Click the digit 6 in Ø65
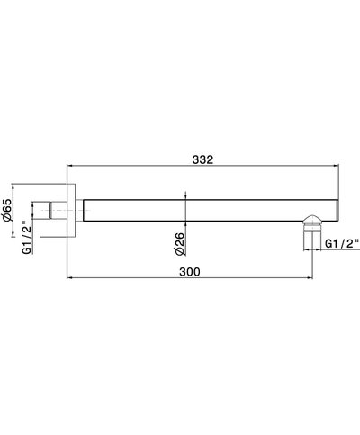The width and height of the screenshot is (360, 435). (7, 209)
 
